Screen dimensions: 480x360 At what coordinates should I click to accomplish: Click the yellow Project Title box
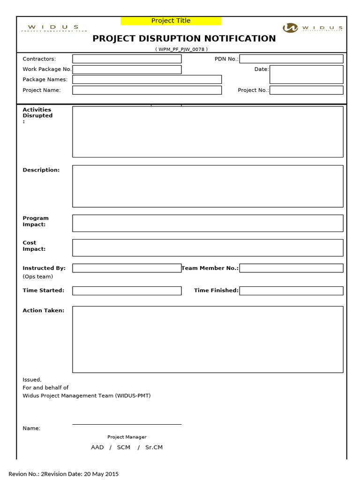171,21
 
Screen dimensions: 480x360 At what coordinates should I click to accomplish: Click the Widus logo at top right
314,28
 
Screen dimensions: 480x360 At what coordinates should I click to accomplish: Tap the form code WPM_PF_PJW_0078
181,49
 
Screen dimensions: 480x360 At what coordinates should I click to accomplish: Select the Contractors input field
127,59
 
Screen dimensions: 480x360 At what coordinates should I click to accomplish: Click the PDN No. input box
291,59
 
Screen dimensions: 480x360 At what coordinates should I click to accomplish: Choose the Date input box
306,74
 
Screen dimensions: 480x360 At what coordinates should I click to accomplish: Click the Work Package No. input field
127,69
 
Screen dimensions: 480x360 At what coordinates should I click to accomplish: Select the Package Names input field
147,80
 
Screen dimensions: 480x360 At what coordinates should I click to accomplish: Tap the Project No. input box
306,90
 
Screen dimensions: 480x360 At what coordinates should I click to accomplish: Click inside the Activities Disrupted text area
208,132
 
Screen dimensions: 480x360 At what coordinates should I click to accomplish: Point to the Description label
41,170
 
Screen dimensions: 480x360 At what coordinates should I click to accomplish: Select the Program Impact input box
208,223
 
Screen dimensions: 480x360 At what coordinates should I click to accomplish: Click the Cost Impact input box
208,248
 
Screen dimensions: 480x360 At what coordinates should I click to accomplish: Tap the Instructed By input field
127,268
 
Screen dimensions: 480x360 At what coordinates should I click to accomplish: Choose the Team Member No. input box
291,268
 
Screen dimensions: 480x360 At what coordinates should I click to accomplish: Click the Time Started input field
127,291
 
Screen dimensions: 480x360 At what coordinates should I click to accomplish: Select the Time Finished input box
291,291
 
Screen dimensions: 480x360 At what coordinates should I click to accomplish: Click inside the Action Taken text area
208,339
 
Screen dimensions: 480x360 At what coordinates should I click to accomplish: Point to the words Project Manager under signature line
127,437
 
